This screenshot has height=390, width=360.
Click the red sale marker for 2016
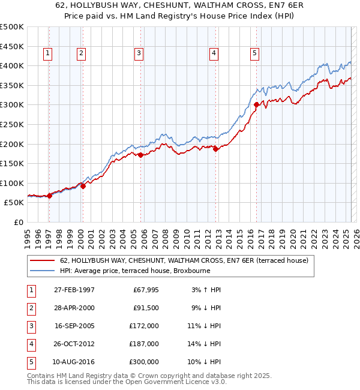(256, 104)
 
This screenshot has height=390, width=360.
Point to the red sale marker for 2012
(216, 149)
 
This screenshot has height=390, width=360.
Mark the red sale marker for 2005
(140, 155)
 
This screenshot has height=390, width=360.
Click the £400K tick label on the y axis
(12, 65)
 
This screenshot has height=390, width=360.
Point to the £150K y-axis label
(12, 163)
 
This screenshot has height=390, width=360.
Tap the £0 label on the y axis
(18, 222)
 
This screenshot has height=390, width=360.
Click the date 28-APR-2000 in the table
(74, 308)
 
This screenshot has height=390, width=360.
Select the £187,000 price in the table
(145, 344)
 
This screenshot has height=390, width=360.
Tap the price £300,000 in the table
(145, 362)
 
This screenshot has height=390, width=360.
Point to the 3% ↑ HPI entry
(206, 290)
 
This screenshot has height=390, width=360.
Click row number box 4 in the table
(30, 344)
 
